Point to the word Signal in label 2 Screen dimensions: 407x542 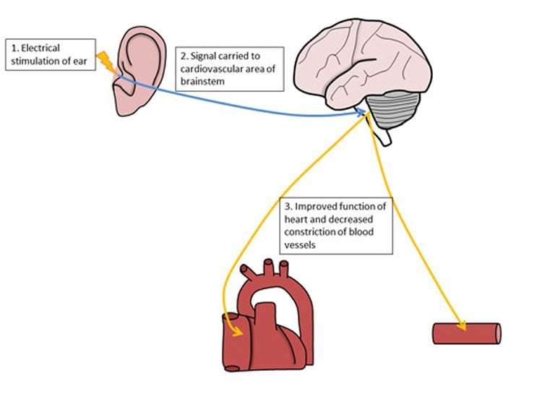[207, 54]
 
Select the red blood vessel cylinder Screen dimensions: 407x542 [466, 334]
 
